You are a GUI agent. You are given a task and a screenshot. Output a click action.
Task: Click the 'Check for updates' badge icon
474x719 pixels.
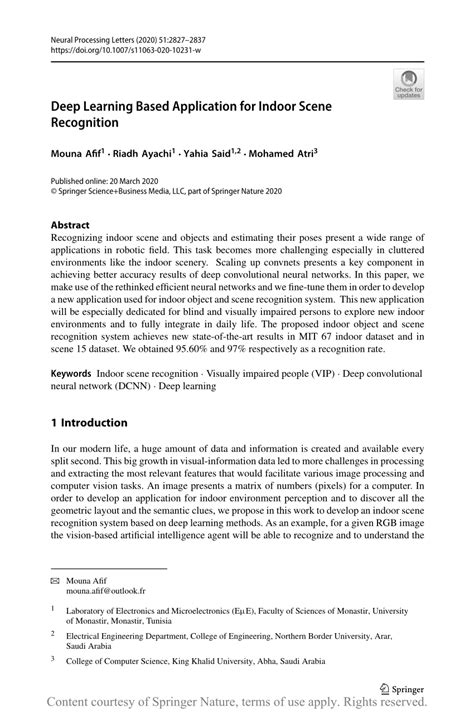[x=408, y=86]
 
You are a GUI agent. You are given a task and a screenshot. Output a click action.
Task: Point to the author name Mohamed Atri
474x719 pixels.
[x=284, y=154]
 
